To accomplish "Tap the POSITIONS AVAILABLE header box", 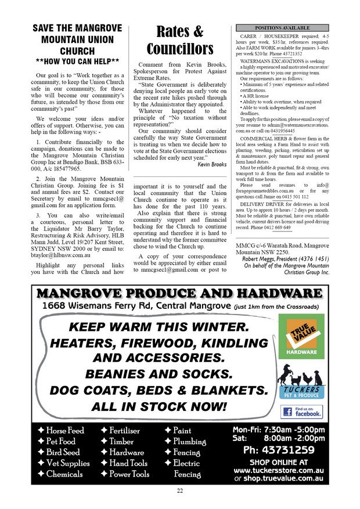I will [282, 27].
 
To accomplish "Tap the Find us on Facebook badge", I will [302, 411].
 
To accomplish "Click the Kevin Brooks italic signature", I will [212, 164].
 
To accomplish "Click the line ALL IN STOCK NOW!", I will [159, 406].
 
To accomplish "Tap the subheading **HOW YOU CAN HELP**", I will [78, 61].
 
